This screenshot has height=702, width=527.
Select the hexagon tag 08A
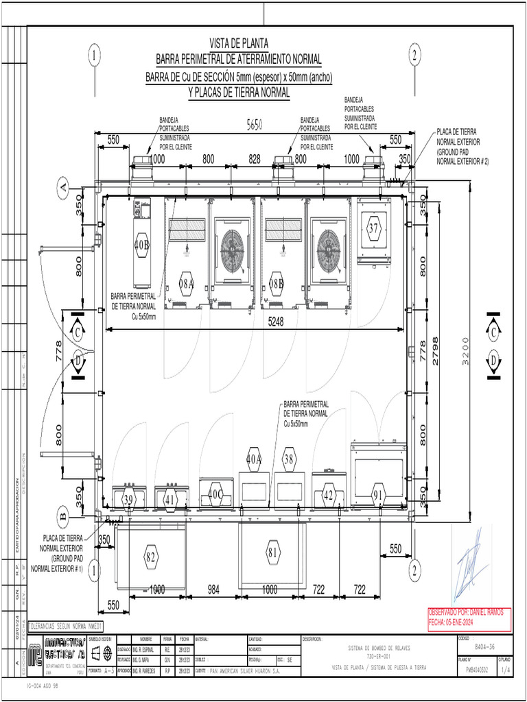tap(187, 282)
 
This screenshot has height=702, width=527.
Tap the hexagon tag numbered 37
tap(373, 229)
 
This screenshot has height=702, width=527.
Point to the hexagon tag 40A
tap(254, 459)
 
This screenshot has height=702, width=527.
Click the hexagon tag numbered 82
tap(151, 557)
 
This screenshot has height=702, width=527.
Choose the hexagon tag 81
tap(273, 552)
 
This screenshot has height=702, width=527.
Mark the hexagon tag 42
tap(329, 495)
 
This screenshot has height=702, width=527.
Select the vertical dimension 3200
tap(466, 350)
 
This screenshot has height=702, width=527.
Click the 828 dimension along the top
tap(254, 159)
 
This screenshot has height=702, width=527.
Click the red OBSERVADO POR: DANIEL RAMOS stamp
tap(470, 615)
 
